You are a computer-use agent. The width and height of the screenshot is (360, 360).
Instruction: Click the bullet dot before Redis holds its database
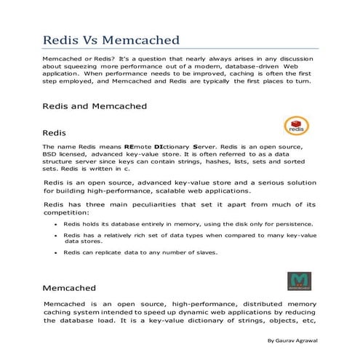[56, 225]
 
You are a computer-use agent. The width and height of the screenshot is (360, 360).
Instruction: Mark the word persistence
[293, 224]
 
